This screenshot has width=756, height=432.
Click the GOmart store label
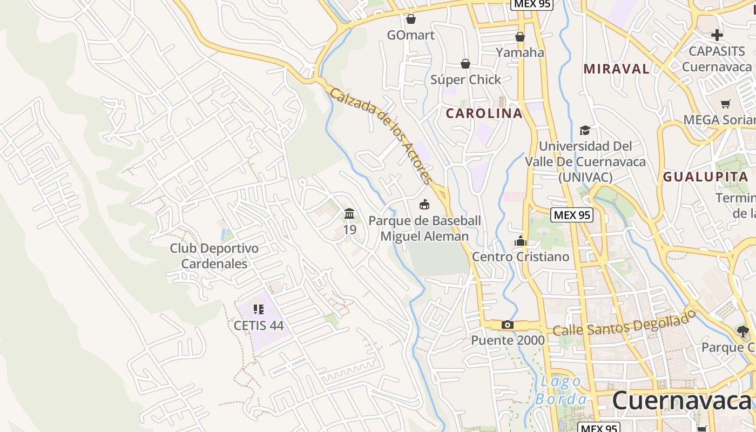click(x=410, y=35)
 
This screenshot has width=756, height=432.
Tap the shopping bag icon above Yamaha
click(x=519, y=37)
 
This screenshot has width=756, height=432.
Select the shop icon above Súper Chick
click(x=465, y=64)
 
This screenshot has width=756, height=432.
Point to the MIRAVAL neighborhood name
click(x=616, y=69)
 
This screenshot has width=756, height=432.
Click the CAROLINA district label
click(x=484, y=113)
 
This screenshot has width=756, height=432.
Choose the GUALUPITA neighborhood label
click(x=705, y=177)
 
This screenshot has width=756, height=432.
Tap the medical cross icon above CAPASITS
click(x=717, y=36)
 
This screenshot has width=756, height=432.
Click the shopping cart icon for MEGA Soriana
click(x=725, y=104)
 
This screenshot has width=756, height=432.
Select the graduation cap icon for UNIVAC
click(x=585, y=130)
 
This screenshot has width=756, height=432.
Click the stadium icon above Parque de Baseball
click(x=424, y=204)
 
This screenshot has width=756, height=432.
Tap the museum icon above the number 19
click(x=349, y=214)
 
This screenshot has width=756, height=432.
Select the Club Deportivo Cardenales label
click(x=214, y=256)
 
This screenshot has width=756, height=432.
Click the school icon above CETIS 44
click(x=258, y=309)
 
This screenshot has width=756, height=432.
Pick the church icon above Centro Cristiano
click(x=521, y=241)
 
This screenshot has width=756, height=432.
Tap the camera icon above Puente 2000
click(x=507, y=325)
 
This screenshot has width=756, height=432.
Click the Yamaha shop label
click(x=519, y=52)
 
